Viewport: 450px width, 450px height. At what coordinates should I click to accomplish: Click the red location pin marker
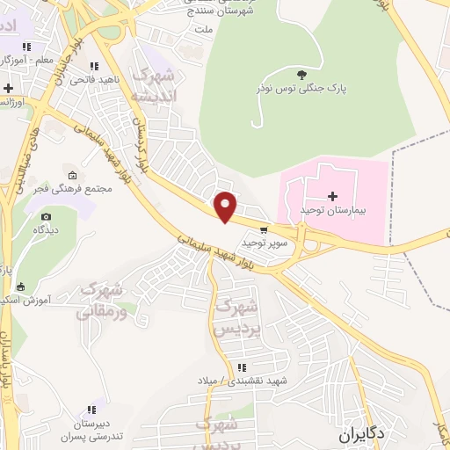226,207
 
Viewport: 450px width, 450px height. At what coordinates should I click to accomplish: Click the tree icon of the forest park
303,75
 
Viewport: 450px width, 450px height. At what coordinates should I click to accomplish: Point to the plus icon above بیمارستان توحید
332,195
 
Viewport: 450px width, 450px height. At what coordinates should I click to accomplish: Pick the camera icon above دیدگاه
46,216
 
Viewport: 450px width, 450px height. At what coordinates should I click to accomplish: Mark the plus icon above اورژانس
8,88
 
